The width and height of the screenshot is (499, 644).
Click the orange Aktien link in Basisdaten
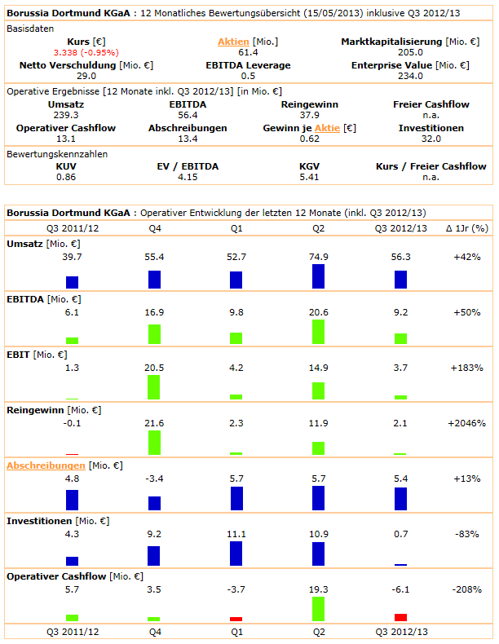(233, 42)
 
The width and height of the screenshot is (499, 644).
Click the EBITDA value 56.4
(188, 116)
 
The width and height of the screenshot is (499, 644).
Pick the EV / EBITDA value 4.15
(188, 177)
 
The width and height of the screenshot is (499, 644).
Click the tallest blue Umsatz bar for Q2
(318, 276)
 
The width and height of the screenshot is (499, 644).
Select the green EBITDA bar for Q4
(154, 333)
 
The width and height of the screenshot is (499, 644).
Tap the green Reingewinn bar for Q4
(154, 442)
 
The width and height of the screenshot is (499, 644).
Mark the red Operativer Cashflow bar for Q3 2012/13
(400, 617)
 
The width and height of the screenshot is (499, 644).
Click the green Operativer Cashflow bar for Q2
(318, 609)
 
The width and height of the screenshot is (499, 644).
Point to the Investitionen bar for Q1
(236, 553)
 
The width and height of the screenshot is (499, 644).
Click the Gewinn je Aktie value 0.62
(310, 139)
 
